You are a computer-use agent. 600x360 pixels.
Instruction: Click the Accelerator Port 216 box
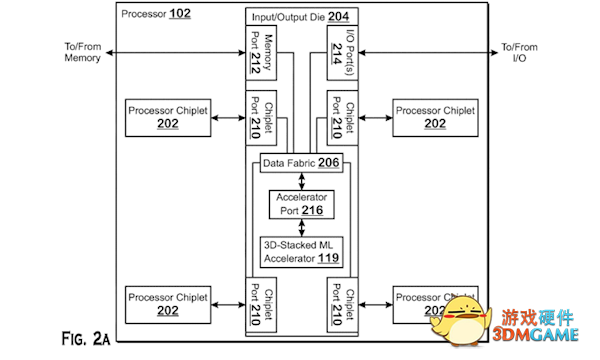pos(302,205)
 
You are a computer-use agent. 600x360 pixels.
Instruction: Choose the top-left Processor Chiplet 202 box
pos(168,118)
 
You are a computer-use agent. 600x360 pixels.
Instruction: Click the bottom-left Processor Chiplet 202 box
pos(168,304)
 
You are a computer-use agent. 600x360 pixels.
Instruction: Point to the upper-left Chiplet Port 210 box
pos(262,118)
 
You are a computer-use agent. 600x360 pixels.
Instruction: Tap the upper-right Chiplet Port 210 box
pos(342,118)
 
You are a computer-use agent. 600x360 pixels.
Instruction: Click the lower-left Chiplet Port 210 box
pos(262,304)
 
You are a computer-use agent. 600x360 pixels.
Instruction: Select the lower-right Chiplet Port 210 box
pos(342,304)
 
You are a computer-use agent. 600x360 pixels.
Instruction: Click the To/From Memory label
pos(82,52)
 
